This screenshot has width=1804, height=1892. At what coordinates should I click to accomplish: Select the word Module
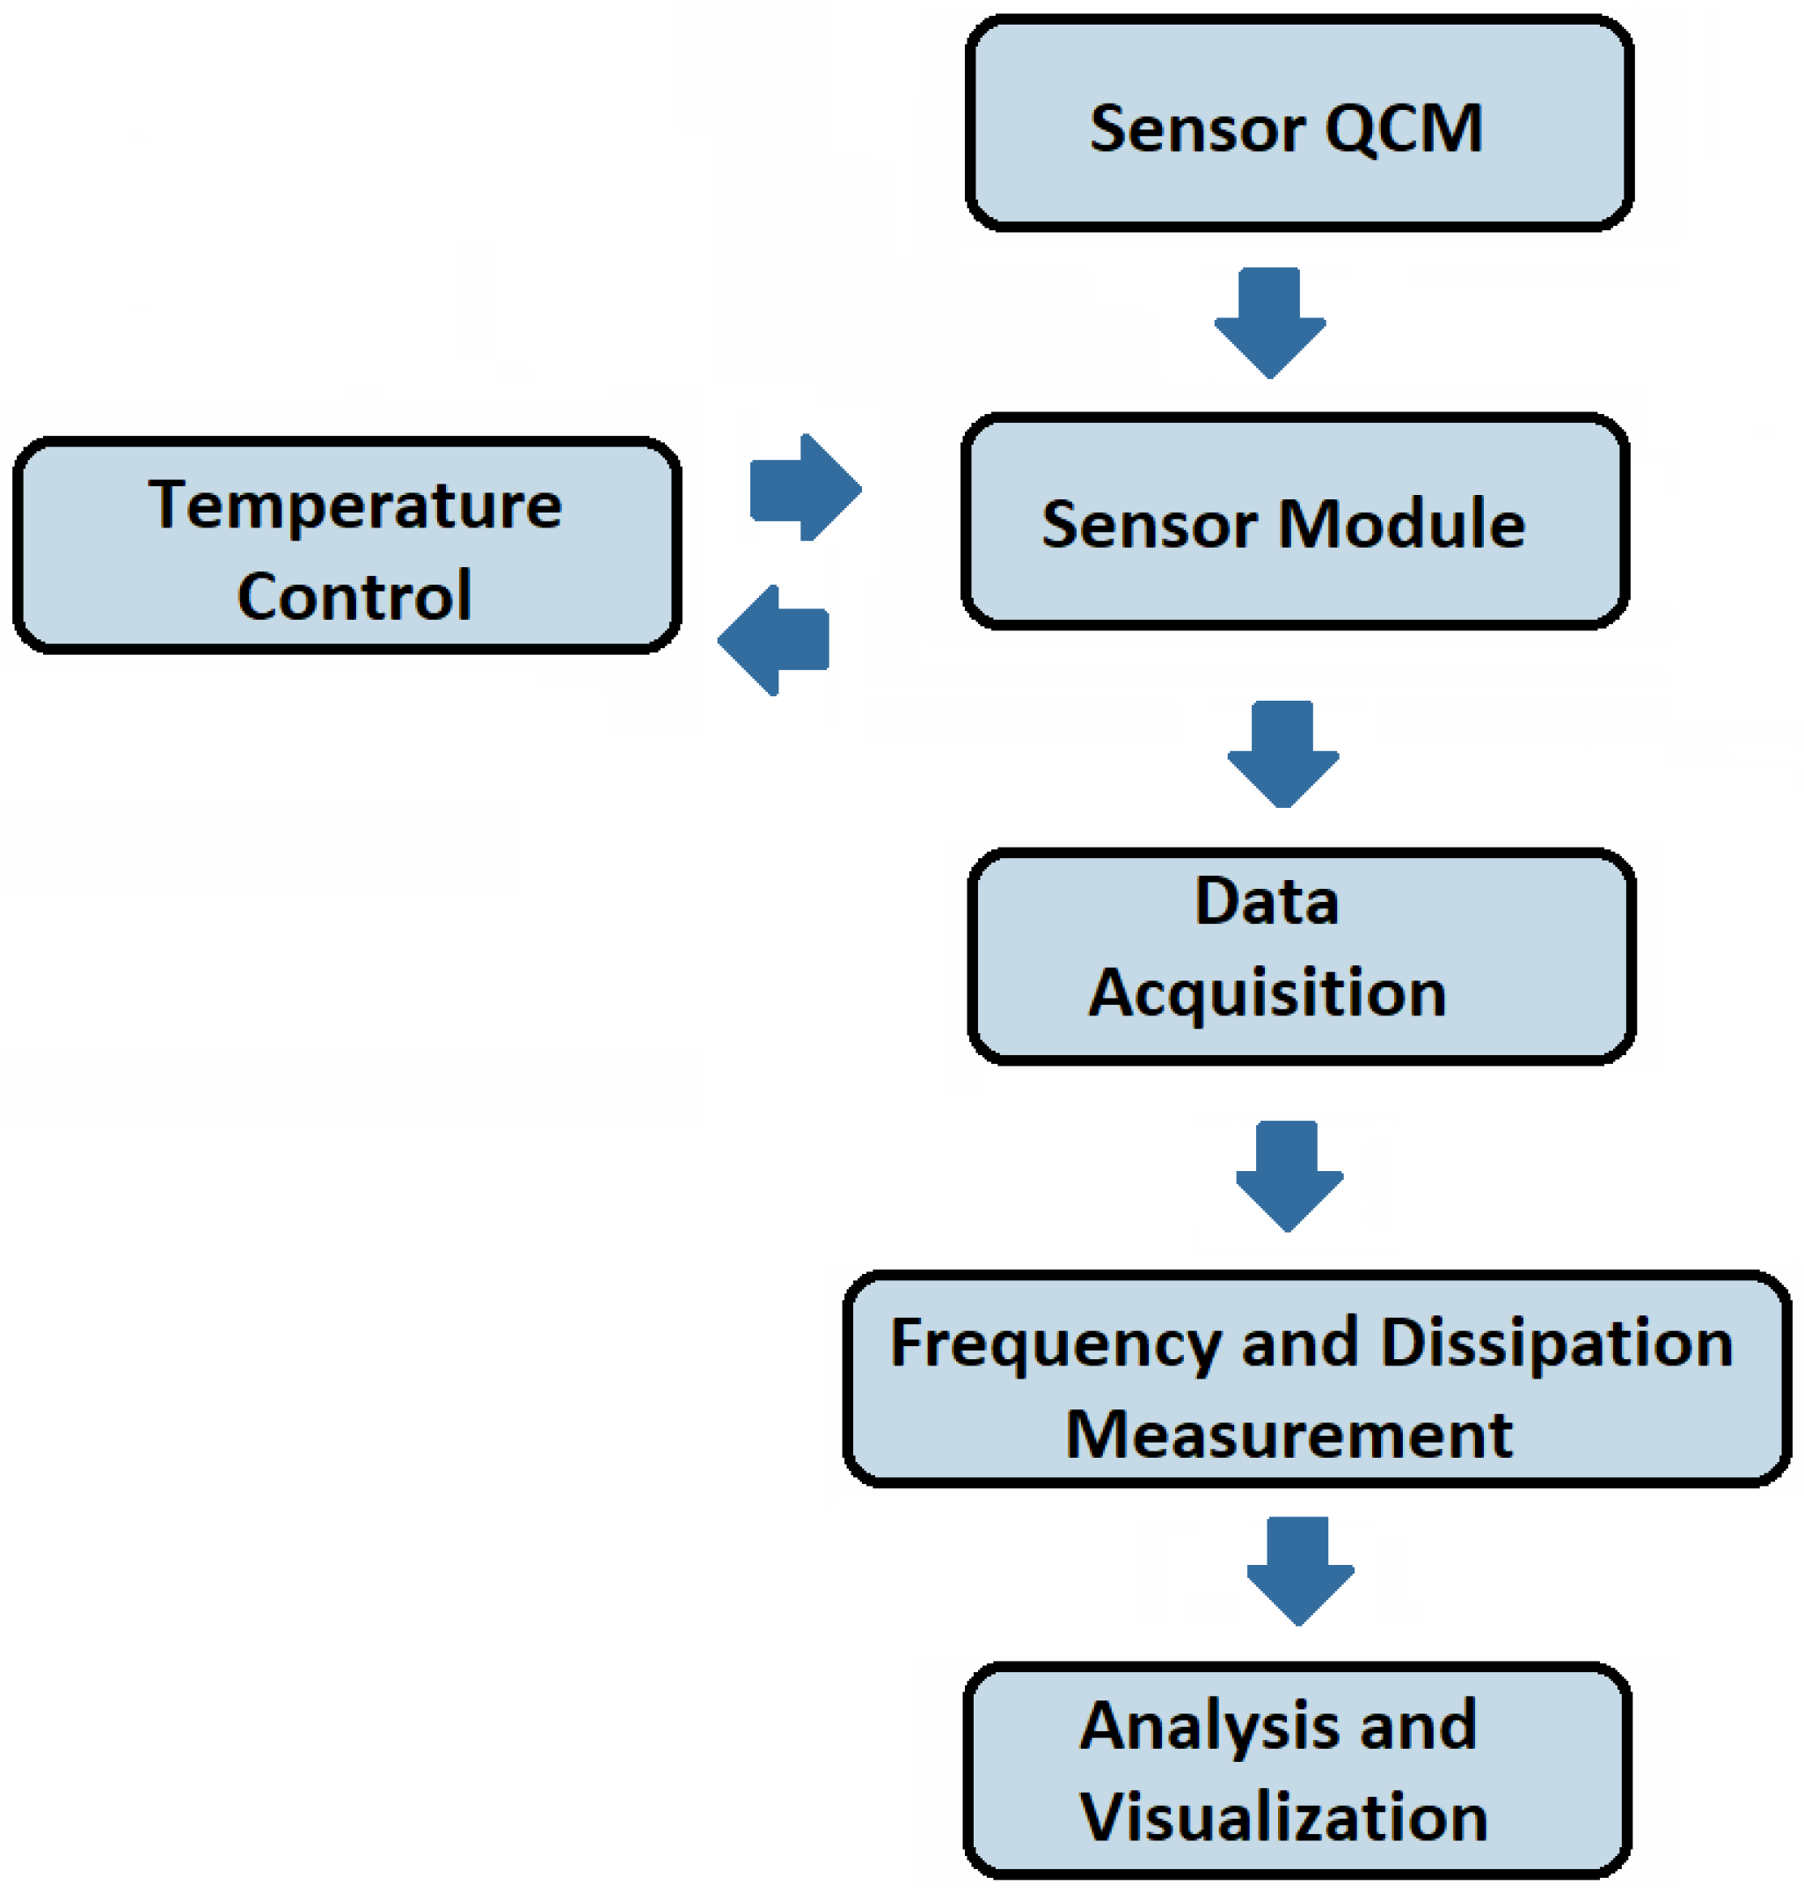click(1401, 524)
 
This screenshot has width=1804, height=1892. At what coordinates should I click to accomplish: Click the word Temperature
click(354, 506)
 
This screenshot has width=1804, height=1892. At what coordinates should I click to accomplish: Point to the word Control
click(354, 596)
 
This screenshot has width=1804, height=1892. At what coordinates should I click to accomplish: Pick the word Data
click(1267, 901)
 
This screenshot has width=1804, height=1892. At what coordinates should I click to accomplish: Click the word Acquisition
click(1267, 993)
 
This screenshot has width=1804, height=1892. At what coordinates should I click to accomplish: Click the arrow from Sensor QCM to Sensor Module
click(1270, 323)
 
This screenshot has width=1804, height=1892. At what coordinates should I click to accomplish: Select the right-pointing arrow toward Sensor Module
click(806, 488)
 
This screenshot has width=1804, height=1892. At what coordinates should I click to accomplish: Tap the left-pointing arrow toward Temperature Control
click(773, 640)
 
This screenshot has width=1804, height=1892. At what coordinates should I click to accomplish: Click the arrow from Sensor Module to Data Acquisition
click(1282, 754)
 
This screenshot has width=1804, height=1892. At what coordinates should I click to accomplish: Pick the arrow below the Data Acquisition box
click(1289, 1175)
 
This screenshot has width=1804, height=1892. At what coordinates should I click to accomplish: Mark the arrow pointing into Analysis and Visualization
click(1300, 1571)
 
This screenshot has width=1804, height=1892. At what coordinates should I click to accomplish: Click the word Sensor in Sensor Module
click(1149, 524)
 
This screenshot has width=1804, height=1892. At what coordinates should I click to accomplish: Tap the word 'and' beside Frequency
click(1300, 1343)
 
